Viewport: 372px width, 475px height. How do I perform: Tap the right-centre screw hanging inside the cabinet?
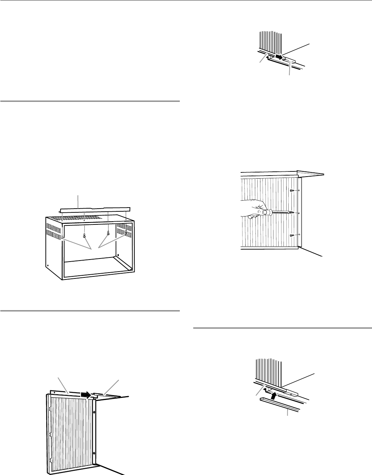pos(108,234)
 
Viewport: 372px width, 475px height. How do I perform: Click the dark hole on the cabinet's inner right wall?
pos(118,255)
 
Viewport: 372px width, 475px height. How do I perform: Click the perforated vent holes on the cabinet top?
pos(79,218)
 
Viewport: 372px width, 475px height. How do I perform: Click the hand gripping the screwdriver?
pos(253,210)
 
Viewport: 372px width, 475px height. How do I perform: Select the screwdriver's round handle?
pos(266,213)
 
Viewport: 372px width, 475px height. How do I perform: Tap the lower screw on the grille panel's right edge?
pos(94,452)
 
